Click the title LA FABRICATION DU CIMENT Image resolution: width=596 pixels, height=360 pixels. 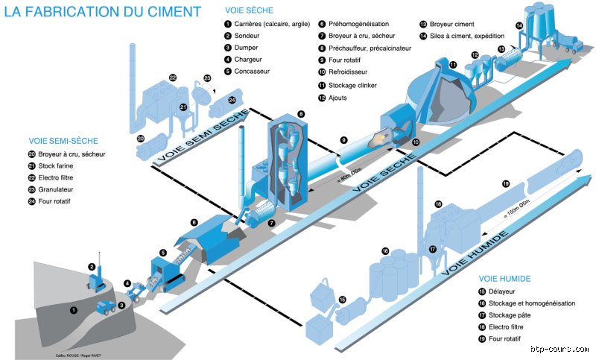pos(103,12)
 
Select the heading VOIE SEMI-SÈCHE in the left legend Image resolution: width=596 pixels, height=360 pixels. pos(64,140)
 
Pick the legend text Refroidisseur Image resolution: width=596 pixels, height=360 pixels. pos(352,72)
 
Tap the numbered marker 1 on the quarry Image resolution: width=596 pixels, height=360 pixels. pos(73,309)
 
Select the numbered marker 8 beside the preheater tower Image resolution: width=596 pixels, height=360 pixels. pos(301,113)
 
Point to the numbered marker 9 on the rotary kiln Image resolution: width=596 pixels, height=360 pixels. pos(343,139)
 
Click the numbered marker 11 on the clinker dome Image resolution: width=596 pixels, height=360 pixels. pos(452,66)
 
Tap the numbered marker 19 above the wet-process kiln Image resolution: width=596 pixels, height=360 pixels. pos(506,183)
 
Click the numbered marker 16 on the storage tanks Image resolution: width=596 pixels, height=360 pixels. pos(385,250)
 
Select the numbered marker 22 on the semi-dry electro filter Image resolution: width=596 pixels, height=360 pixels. pos(173,77)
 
